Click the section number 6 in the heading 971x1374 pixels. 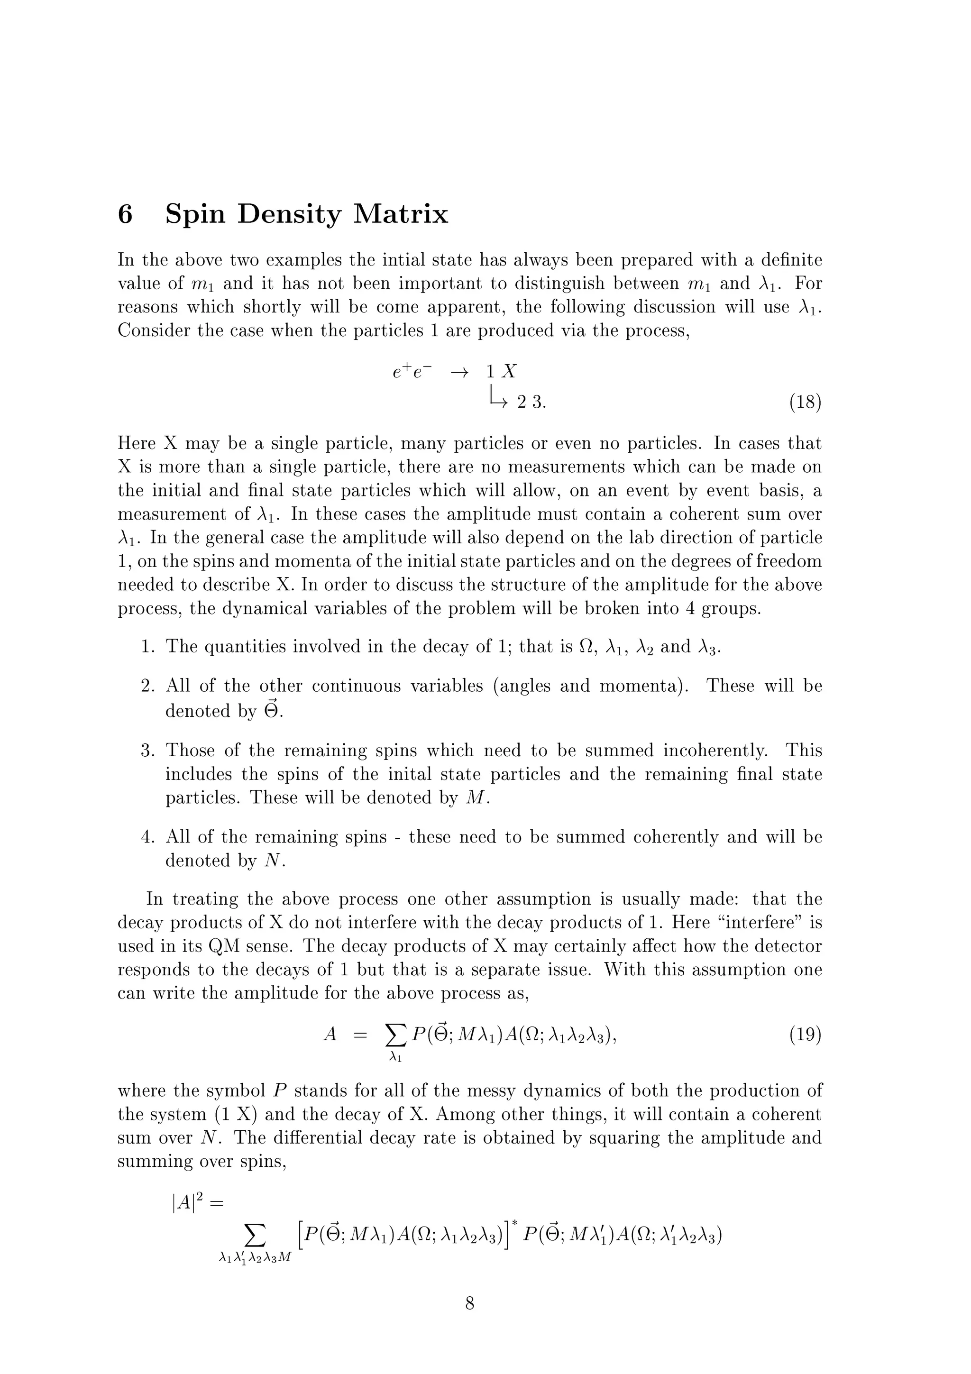125,214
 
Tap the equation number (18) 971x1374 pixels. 805,402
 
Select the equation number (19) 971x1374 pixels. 805,1034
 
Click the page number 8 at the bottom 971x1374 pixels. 470,1303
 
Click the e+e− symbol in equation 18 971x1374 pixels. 412,372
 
